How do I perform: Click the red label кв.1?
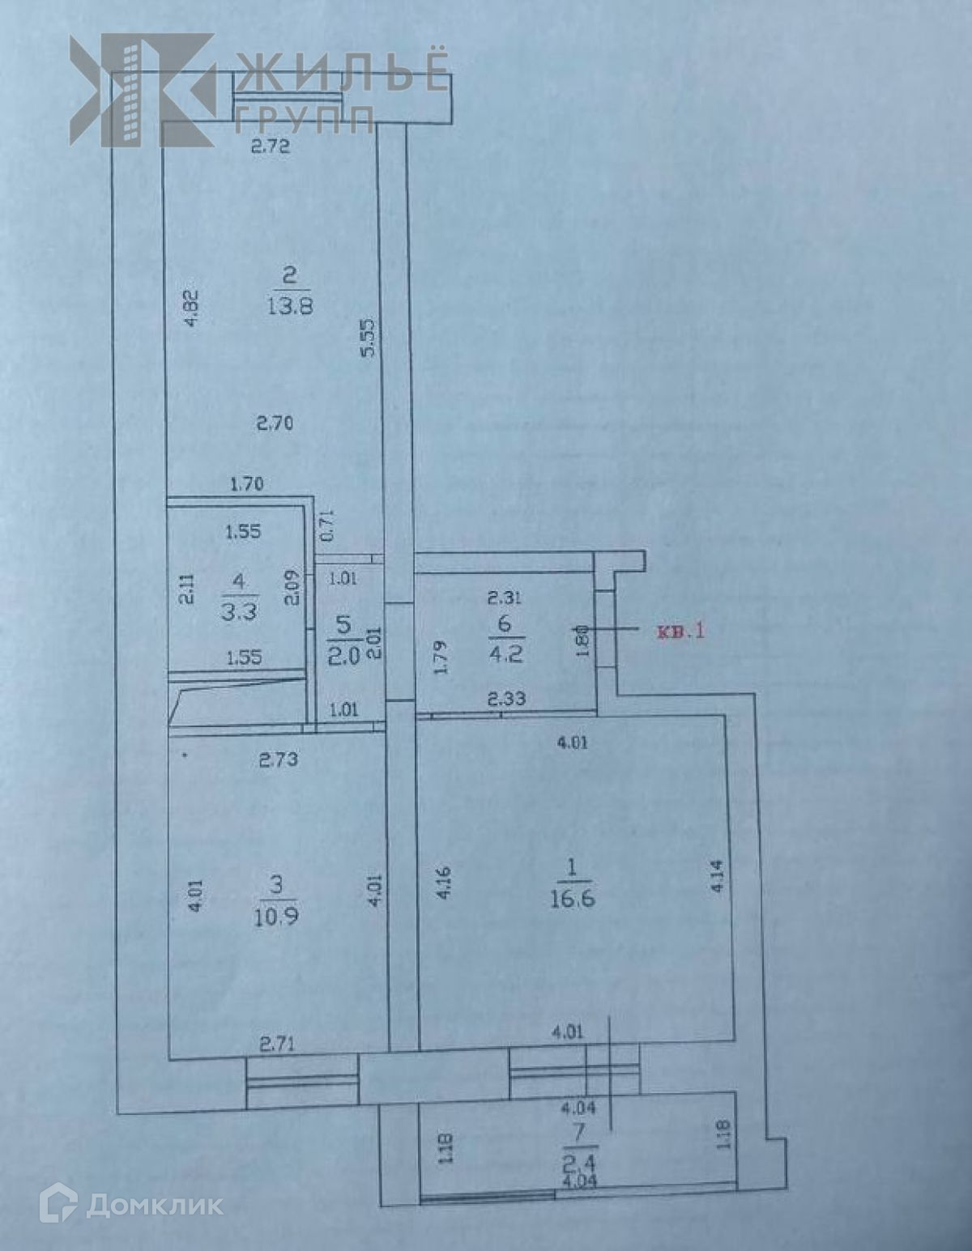click(x=680, y=630)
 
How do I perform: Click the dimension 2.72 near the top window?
click(x=270, y=147)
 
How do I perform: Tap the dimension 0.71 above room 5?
click(x=327, y=526)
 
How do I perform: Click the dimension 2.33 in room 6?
click(x=506, y=699)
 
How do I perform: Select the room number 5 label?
click(x=343, y=625)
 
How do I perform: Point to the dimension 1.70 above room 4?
click(x=247, y=485)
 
